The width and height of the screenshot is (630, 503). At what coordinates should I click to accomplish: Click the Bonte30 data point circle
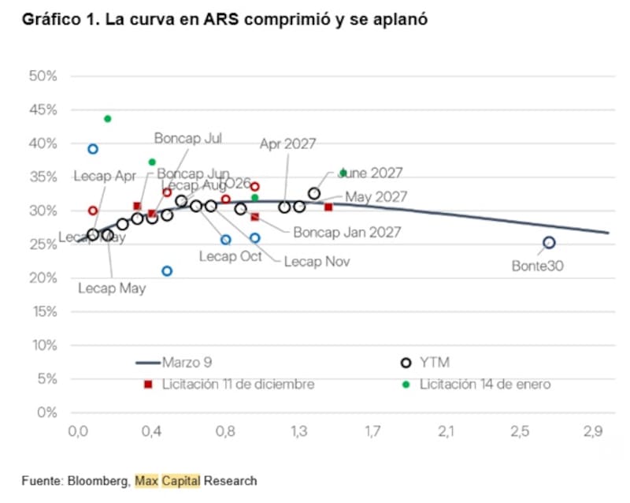[x=549, y=243]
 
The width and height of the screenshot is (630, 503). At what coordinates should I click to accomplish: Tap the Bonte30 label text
[x=538, y=266]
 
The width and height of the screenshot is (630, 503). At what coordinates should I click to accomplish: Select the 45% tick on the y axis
[x=44, y=110]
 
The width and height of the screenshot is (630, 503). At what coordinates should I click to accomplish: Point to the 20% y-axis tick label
[x=44, y=278]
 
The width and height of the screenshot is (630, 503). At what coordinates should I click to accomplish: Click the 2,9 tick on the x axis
[x=593, y=432]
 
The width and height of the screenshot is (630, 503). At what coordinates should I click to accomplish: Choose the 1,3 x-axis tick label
[x=298, y=432]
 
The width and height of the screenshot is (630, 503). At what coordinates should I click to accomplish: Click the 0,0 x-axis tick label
[x=78, y=432]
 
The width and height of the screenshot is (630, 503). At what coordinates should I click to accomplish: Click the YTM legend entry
[x=434, y=363]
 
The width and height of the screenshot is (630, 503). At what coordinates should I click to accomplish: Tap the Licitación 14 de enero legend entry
[x=484, y=385]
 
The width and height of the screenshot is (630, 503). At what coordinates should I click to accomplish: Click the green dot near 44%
[x=108, y=119]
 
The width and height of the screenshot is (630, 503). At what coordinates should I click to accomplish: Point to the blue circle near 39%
[x=93, y=149]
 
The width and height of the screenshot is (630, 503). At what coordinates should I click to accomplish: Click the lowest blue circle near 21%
[x=167, y=271]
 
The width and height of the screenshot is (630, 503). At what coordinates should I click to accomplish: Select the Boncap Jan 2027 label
[x=346, y=233]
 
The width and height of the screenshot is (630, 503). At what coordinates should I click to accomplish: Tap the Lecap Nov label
[x=317, y=262]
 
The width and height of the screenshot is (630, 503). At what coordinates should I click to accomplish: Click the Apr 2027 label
[x=287, y=143]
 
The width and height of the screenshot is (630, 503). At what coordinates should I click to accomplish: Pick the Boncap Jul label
[x=187, y=138]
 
